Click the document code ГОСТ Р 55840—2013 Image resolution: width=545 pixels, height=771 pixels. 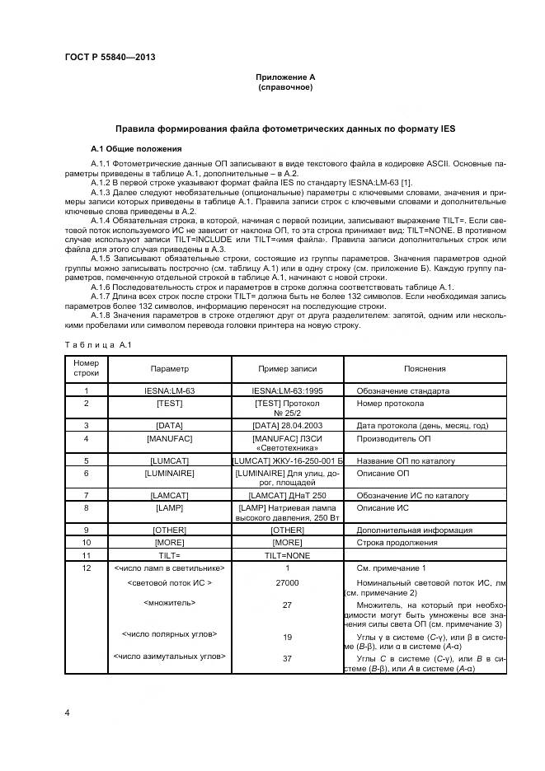tap(110, 57)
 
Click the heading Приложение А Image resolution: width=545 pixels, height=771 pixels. tap(284, 77)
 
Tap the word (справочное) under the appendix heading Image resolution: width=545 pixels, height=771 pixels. tap(284, 86)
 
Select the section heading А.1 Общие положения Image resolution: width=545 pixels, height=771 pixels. tap(136, 148)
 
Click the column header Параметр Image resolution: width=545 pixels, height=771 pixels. tap(170, 369)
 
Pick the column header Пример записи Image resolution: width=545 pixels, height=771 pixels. tap(287, 369)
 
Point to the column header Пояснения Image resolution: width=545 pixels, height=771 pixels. tap(425, 369)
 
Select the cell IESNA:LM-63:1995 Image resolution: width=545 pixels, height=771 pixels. tap(287, 390)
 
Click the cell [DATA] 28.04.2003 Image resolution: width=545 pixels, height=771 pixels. tap(287, 425)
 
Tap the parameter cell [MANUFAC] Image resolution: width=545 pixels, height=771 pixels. tap(170, 438)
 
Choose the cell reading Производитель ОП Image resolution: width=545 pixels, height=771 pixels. tap(393, 438)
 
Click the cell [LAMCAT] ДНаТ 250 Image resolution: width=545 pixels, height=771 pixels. tap(287, 495)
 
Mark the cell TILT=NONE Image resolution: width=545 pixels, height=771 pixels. tap(287, 555)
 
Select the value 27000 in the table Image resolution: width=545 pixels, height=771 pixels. tap(287, 582)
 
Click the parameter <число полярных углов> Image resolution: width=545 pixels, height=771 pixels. tap(170, 634)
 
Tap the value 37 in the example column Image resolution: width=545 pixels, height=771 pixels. tap(287, 658)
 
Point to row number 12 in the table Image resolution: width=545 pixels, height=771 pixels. tap(86, 568)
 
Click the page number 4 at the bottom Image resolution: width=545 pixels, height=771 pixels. tap(67, 711)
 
